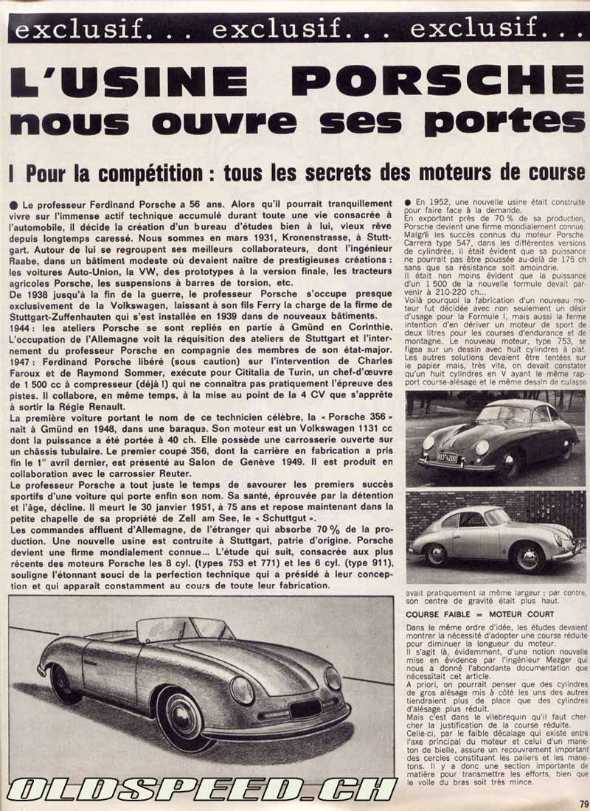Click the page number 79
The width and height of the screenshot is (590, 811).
pyautogui.click(x=582, y=804)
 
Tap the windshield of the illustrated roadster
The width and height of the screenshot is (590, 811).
pyautogui.click(x=181, y=629)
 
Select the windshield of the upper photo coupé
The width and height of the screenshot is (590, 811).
pyautogui.click(x=504, y=414)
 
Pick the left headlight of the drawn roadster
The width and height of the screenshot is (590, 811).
pyautogui.click(x=242, y=689)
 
